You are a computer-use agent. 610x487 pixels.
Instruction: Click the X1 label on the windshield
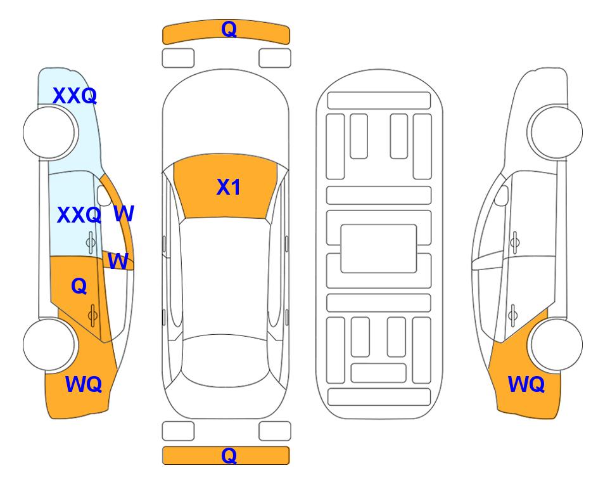coord(229,187)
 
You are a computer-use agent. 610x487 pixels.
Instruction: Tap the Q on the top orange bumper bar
coord(229,29)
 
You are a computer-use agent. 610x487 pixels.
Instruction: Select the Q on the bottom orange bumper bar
coord(229,455)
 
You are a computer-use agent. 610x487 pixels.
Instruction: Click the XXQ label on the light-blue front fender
coord(74,96)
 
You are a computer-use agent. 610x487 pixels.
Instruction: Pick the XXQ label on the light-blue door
coord(79,215)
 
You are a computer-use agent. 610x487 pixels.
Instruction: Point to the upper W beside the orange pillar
coord(124,214)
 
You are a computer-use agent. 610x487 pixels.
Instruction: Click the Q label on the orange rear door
coord(79,287)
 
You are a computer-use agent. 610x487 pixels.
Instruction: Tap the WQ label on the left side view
coord(83,384)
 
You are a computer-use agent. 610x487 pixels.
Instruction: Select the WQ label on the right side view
coord(526,384)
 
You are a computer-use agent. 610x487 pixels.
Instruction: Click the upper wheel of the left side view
coord(49,133)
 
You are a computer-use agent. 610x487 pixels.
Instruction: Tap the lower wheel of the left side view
coord(49,344)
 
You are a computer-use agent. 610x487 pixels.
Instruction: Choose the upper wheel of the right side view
coord(557,133)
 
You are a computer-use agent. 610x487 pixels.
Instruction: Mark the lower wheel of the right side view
coord(557,344)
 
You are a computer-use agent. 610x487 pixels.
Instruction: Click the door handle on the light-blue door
coord(91,242)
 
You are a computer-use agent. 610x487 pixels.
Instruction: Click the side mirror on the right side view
coord(502,195)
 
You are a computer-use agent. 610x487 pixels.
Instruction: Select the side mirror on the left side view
coord(104,195)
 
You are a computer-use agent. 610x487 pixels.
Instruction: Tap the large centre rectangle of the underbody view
coord(379,249)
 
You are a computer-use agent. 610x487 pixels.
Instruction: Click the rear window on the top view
coord(226,360)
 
